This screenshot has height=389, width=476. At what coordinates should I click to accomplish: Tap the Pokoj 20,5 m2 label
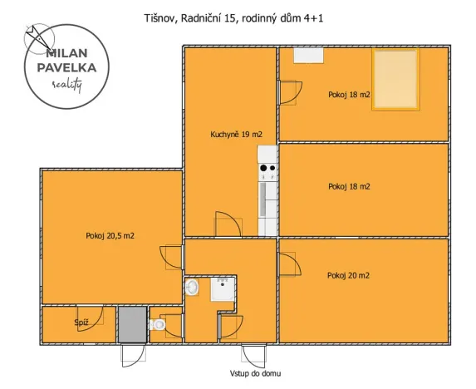click(110, 235)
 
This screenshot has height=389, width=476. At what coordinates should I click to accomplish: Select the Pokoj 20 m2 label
click(348, 275)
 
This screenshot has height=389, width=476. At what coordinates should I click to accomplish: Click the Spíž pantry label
click(81, 322)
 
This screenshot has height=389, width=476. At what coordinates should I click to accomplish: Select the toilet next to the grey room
click(158, 324)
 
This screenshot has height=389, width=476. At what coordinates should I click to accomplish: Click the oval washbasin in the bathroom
click(192, 288)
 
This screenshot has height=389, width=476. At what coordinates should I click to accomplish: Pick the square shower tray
click(223, 289)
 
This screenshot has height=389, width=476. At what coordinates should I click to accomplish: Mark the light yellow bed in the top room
click(394, 80)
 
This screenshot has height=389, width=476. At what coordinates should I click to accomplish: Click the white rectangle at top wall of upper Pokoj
click(307, 55)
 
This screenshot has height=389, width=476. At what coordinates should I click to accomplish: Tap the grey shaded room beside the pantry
click(131, 324)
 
